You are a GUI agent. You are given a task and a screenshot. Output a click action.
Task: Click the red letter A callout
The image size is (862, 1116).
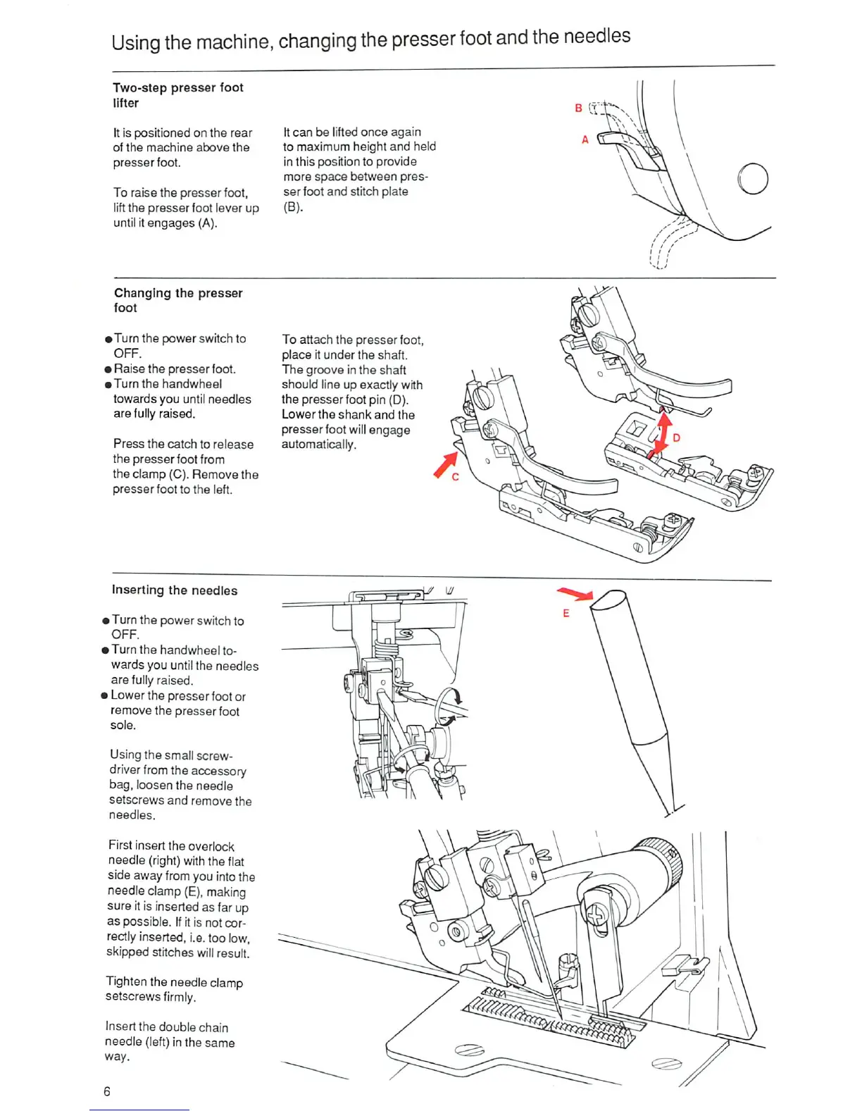pyautogui.click(x=585, y=139)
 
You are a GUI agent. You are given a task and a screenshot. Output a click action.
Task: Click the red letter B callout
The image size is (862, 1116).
pyautogui.click(x=578, y=108)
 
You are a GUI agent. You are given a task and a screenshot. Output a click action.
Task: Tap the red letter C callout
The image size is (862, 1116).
pyautogui.click(x=456, y=477)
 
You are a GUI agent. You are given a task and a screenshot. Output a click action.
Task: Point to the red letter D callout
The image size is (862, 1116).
pyautogui.click(x=676, y=438)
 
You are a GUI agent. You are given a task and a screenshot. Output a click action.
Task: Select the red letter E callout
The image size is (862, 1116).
pyautogui.click(x=566, y=613)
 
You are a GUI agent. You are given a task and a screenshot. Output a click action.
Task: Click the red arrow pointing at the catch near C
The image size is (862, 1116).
pyautogui.click(x=446, y=464)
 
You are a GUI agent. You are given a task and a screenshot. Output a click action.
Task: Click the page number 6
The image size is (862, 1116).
pyautogui.click(x=107, y=1091)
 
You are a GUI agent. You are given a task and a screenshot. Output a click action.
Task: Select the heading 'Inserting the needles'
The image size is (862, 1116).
pyautogui.click(x=175, y=590)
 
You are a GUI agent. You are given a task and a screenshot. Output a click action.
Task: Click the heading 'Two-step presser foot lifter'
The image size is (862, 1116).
pyautogui.click(x=177, y=95)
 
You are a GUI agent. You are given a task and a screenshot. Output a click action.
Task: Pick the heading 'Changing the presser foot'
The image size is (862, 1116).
pyautogui.click(x=177, y=300)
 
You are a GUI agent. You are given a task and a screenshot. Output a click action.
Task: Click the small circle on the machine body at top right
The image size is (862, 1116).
pyautogui.click(x=753, y=178)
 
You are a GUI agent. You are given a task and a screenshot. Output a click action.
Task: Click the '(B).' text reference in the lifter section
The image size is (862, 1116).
pyautogui.click(x=293, y=207)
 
